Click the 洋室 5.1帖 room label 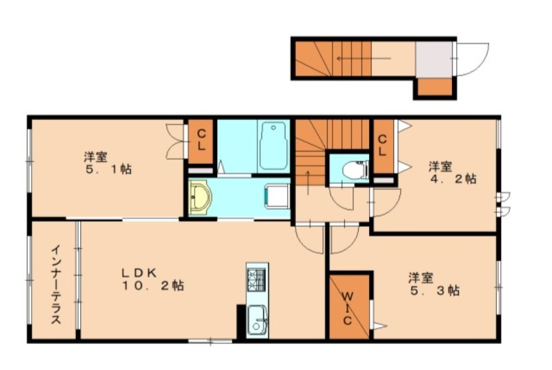pyautogui.click(x=108, y=163)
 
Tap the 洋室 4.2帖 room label pyautogui.click(x=453, y=172)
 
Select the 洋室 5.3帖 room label pyautogui.click(x=435, y=285)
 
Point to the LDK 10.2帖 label pyautogui.click(x=152, y=279)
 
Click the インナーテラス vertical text pyautogui.click(x=57, y=285)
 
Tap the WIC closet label pyautogui.click(x=348, y=309)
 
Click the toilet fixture pyautogui.click(x=355, y=169)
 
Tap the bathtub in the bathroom pyautogui.click(x=273, y=146)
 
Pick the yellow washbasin pyautogui.click(x=199, y=198)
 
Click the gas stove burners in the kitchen pyautogui.click(x=257, y=280)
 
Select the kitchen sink pyautogui.click(x=257, y=320)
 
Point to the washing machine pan pyautogui.click(x=277, y=196)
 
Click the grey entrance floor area pyautogui.click(x=434, y=59)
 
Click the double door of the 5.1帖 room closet pyautogui.click(x=175, y=141)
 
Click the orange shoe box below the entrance pyautogui.click(x=435, y=87)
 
